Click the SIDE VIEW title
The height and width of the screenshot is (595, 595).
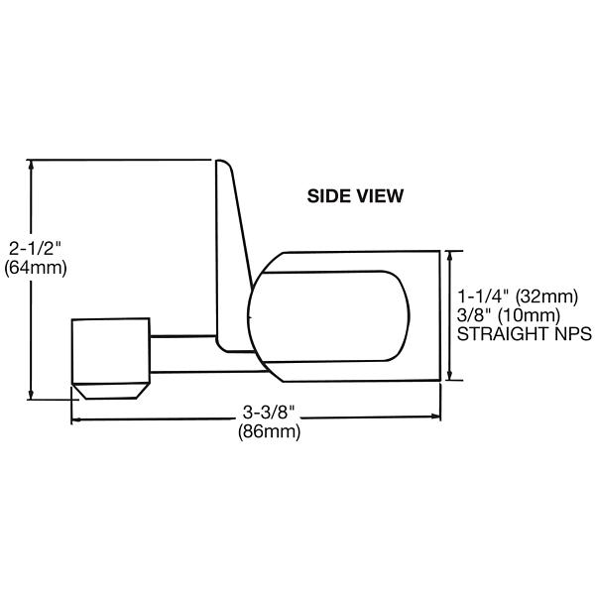[x=355, y=196]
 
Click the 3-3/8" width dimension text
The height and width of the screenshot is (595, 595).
[x=269, y=413]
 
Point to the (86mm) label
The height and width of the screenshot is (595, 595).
[x=269, y=431]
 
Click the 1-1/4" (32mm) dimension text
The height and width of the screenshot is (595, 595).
[x=517, y=297]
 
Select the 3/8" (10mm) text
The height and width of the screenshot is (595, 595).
[x=506, y=315]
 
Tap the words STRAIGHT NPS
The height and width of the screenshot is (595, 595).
[x=524, y=335]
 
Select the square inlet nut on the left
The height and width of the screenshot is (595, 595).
[x=110, y=350]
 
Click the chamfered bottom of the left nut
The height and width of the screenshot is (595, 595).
[x=109, y=390]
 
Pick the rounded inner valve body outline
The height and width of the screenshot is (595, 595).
[x=327, y=314]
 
